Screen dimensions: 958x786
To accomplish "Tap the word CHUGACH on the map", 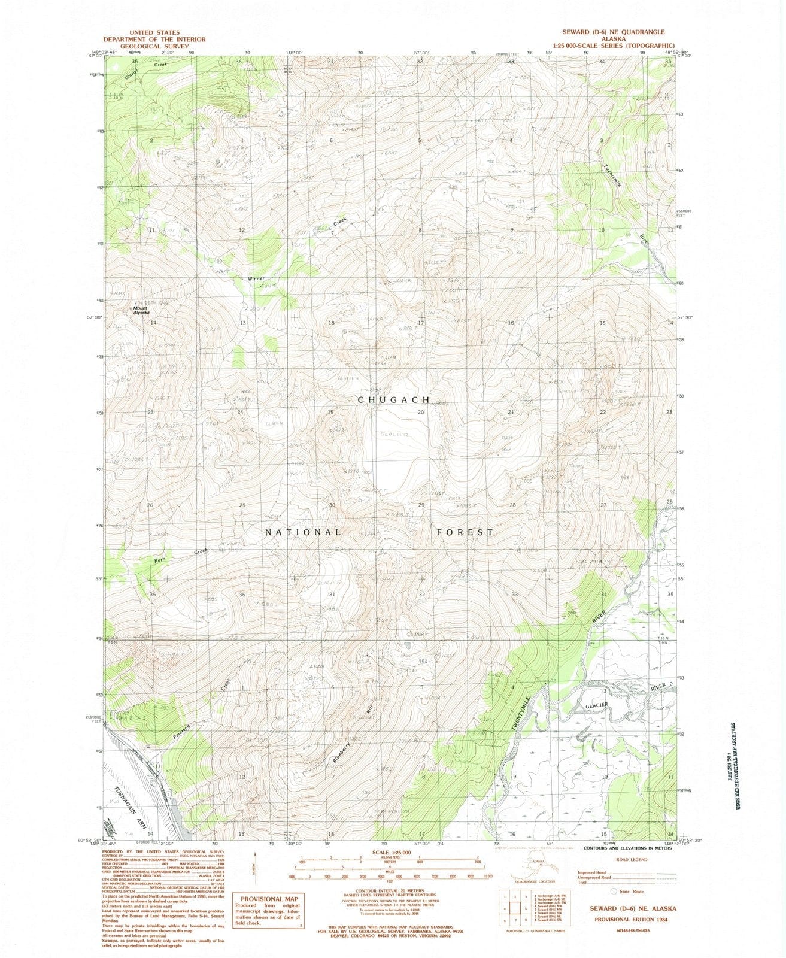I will [x=393, y=399].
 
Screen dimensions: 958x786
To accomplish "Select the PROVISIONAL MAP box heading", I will [x=268, y=899].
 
